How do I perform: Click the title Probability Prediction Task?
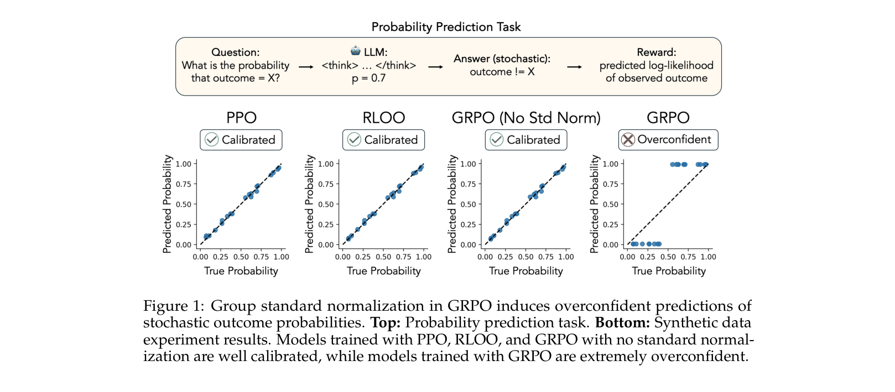pyautogui.click(x=446, y=27)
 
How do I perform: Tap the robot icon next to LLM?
pyautogui.click(x=355, y=51)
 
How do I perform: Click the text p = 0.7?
pyautogui.click(x=368, y=79)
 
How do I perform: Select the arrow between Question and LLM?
pyautogui.click(x=306, y=67)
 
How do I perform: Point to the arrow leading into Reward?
pyautogui.click(x=575, y=67)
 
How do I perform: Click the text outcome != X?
pyautogui.click(x=502, y=72)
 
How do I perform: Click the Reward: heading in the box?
pyautogui.click(x=656, y=52)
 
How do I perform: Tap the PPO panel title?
pyautogui.click(x=241, y=118)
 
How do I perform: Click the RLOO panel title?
pyautogui.click(x=383, y=118)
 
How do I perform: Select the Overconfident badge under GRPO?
pyautogui.click(x=668, y=140)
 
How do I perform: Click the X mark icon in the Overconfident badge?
pyautogui.click(x=628, y=140)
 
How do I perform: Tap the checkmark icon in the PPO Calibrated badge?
pyautogui.click(x=211, y=140)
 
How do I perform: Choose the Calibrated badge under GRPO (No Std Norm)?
pyautogui.click(x=526, y=140)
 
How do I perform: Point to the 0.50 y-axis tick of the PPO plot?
pyautogui.click(x=184, y=204)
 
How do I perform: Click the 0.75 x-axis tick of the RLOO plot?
pyautogui.click(x=403, y=257)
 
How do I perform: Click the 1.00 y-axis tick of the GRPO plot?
pyautogui.click(x=610, y=164)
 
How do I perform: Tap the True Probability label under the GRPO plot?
pyautogui.click(x=669, y=271)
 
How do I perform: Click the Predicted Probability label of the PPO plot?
pyautogui.click(x=166, y=204)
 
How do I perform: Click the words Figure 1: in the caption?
pyautogui.click(x=173, y=306)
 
